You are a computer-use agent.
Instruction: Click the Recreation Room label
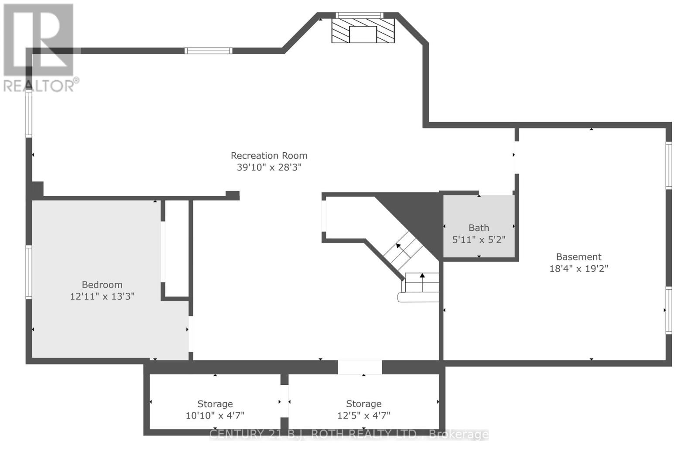click(269, 155)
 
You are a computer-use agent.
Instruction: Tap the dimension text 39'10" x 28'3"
click(269, 167)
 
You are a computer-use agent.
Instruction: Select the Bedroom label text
click(102, 284)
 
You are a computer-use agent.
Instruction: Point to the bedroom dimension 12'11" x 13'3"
click(102, 296)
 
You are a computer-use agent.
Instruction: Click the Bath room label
click(479, 228)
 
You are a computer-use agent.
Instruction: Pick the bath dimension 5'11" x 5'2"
click(479, 240)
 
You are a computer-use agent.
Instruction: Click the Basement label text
click(578, 257)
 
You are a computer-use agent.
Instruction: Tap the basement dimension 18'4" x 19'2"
click(578, 268)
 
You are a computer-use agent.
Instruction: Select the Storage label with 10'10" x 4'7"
click(215, 404)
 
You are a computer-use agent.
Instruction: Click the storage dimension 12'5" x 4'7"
click(363, 415)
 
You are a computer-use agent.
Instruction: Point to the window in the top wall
click(208, 51)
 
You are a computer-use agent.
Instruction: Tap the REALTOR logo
click(39, 48)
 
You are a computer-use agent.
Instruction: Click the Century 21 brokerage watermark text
click(349, 435)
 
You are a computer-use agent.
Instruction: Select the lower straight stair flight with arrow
click(422, 282)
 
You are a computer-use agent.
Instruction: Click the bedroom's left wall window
click(29, 272)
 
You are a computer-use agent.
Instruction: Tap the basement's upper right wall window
click(668, 165)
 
